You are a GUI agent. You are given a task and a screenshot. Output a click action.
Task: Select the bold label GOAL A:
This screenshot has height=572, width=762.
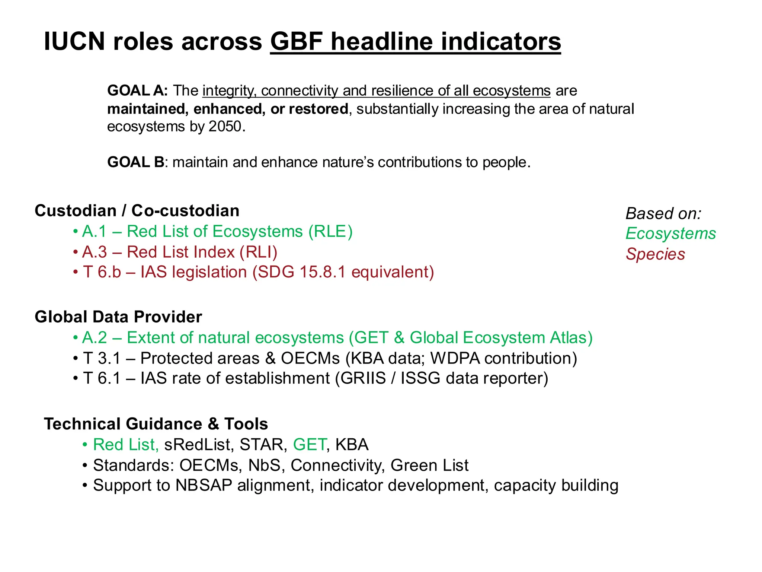pos(137,90)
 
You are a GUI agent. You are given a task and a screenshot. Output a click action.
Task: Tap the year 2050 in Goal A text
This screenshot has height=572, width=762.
pos(225,127)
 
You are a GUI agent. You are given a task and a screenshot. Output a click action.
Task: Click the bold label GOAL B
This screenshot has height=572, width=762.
pos(135,162)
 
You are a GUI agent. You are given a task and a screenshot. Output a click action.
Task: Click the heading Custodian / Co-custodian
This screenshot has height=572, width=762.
pos(137,211)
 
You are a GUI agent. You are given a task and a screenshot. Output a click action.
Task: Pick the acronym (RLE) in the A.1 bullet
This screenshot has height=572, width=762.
pos(330,232)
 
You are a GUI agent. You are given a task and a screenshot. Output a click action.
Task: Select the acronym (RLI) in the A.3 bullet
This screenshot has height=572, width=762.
pos(258,252)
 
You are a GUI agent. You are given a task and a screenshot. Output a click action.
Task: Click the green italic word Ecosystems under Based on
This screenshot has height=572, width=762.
pos(670,234)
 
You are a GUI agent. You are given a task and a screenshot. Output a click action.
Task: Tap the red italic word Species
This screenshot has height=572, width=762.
pos(655,254)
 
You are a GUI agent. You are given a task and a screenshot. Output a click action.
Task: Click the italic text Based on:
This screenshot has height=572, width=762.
pos(663,214)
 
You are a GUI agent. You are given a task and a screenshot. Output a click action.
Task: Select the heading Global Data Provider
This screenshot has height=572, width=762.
pos(118,317)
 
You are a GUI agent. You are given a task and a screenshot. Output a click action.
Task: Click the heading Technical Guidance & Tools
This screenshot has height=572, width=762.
pos(156,424)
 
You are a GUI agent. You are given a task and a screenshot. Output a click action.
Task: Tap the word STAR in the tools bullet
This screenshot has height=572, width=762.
pos(263,445)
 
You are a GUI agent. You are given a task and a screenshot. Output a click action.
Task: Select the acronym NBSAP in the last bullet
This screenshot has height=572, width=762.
pos(204,485)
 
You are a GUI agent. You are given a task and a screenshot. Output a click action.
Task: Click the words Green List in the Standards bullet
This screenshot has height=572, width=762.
pos(429,465)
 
